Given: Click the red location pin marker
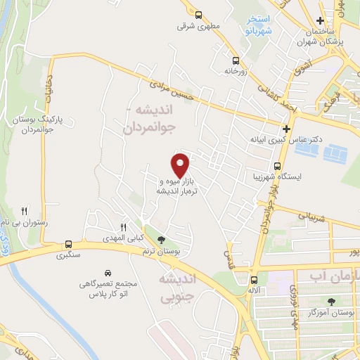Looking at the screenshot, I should pos(181,165).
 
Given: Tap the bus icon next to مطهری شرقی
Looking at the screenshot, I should pos(199,14).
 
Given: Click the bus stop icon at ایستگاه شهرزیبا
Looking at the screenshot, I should pos(278,167).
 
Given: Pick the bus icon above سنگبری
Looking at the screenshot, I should pos(68,244).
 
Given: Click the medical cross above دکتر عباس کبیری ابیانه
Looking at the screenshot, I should pos(286,129).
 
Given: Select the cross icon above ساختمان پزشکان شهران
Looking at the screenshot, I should pos(321,20).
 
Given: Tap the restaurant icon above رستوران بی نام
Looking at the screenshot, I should pos(25,210).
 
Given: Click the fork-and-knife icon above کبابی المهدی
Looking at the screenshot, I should pos(122,226).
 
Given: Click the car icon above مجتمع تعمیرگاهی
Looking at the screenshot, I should pos(108,272).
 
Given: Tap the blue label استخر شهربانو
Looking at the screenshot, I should pos(256,26).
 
